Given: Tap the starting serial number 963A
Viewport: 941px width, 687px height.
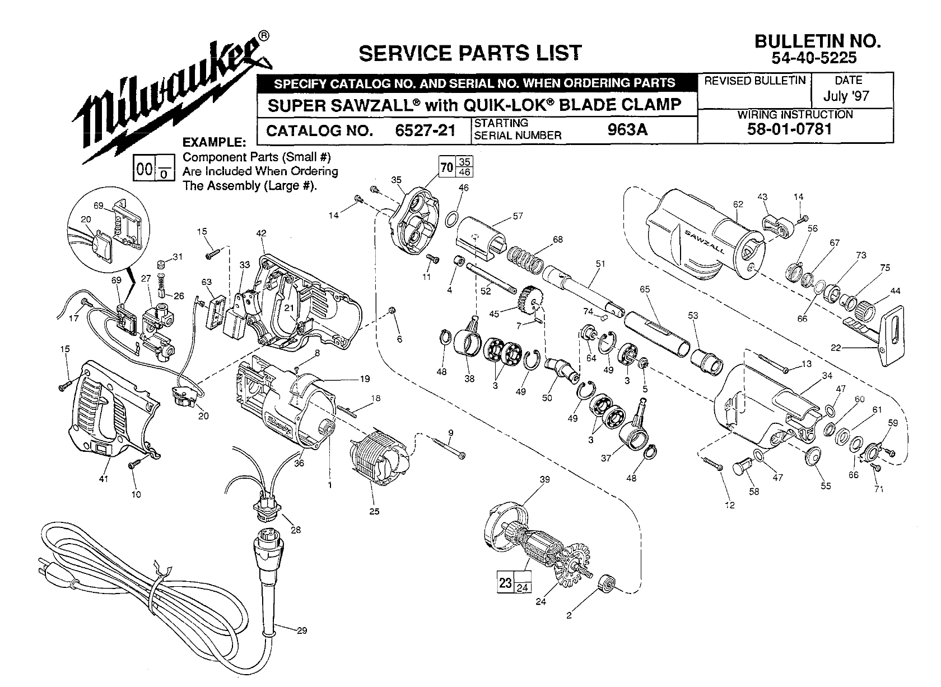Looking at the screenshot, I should [x=627, y=129].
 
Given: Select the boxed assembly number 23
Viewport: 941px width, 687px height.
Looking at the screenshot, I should [x=505, y=582].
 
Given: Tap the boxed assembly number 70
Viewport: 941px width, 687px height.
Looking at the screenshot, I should [x=446, y=167].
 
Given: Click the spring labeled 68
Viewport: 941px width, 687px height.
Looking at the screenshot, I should [x=527, y=258].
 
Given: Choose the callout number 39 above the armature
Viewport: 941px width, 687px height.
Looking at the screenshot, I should [x=544, y=479].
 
